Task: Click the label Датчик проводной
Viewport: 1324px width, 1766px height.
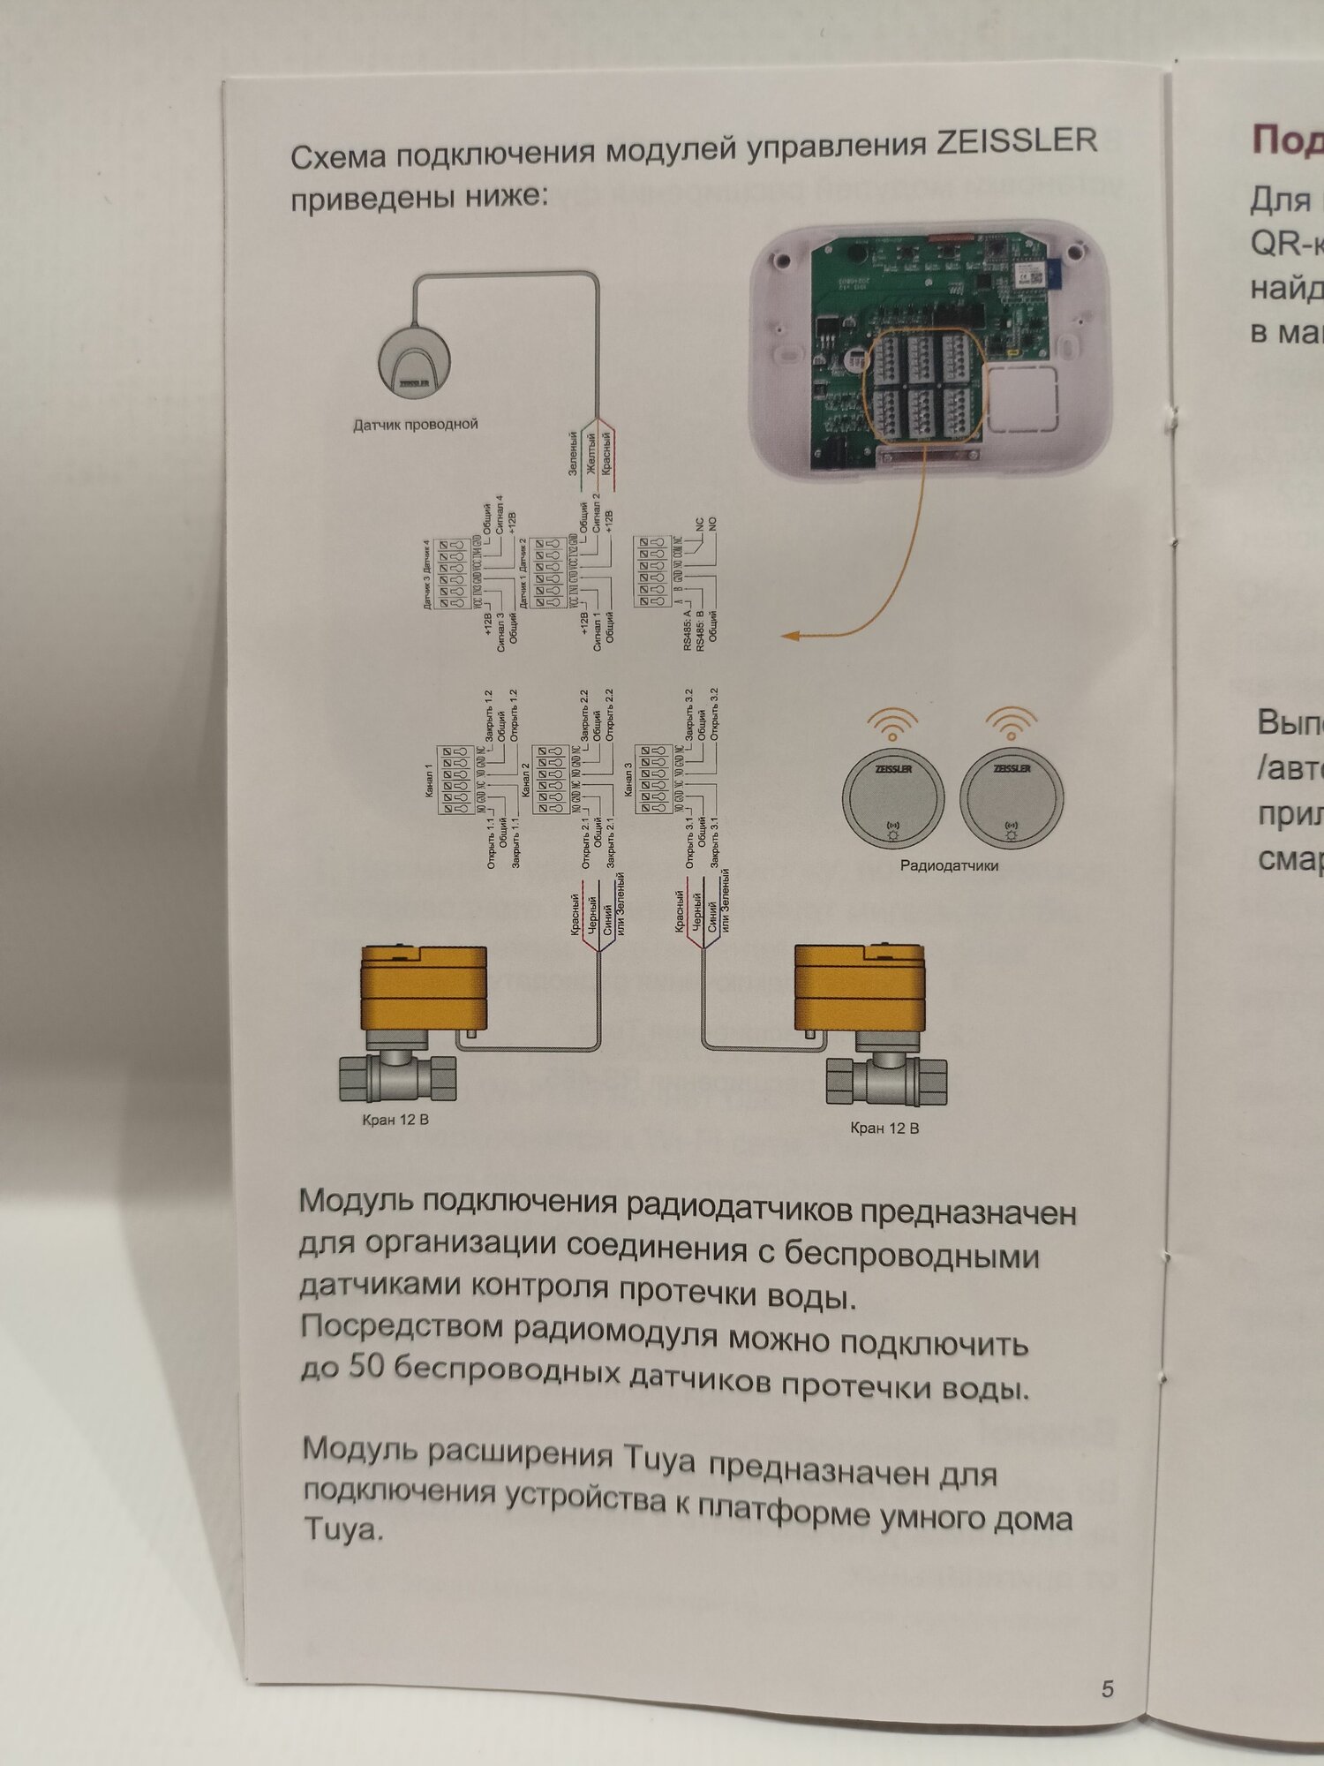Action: [x=415, y=425]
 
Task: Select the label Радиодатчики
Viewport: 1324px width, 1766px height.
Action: [x=949, y=865]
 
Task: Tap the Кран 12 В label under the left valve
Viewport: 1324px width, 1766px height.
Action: [x=395, y=1120]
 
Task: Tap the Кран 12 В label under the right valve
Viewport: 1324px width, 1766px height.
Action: [x=884, y=1128]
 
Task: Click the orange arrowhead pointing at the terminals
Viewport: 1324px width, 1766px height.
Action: [x=791, y=635]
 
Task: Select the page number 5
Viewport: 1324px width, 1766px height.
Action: [x=1108, y=1688]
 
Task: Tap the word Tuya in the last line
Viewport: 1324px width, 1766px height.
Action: [x=342, y=1529]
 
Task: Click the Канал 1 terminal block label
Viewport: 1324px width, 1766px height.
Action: [x=430, y=781]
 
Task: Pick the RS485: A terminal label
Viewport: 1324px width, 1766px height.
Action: [x=688, y=630]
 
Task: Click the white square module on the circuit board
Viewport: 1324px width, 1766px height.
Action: [x=1021, y=399]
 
